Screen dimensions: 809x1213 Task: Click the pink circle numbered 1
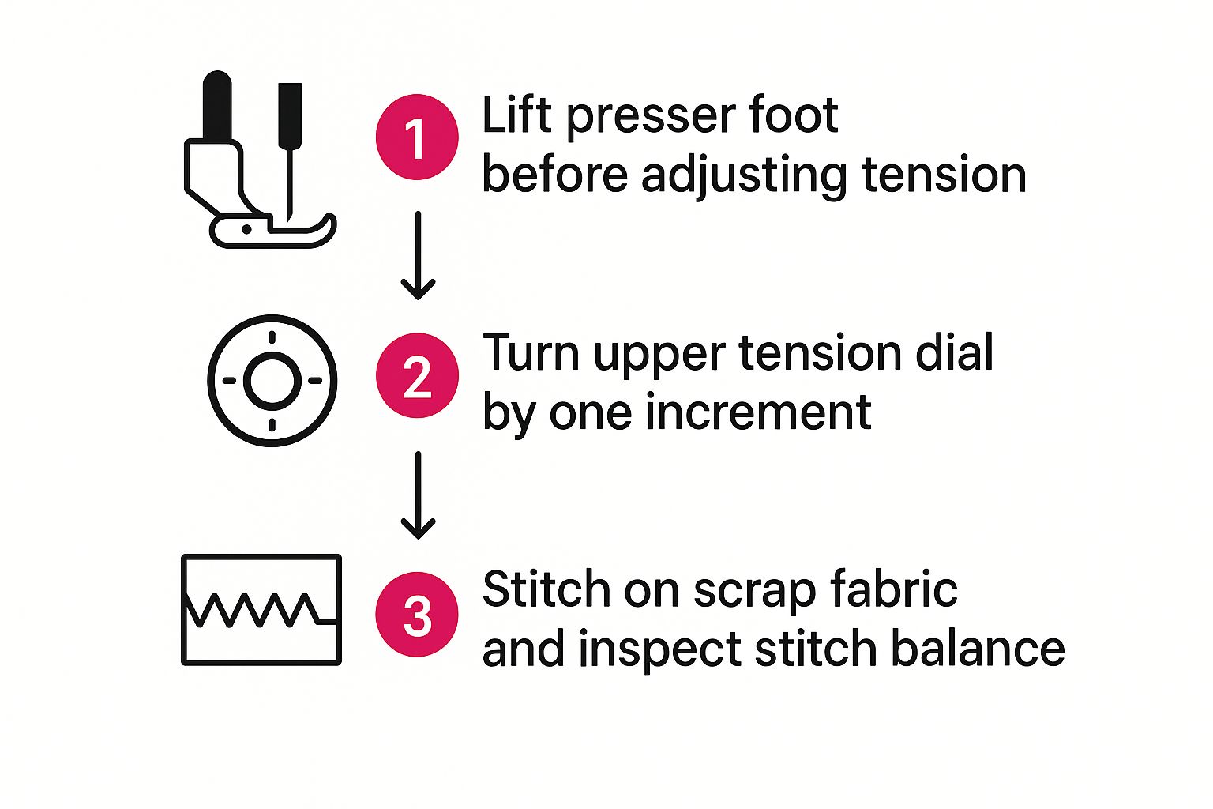[x=416, y=137]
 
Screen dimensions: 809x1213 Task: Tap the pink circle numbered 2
[x=416, y=375]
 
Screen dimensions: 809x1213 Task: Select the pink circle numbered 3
[x=416, y=615]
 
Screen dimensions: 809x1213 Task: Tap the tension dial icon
[x=272, y=381]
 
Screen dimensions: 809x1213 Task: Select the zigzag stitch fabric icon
[x=261, y=609]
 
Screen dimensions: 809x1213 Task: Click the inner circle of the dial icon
[x=272, y=381]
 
